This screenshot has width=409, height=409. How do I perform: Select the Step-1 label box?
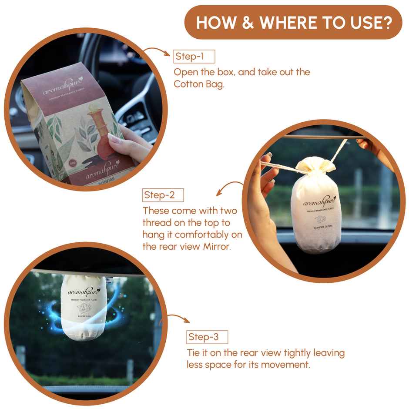coord(194,57)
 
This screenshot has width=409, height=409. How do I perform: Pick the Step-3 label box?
coord(207,337)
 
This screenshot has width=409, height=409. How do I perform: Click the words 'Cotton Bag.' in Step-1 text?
coord(199,84)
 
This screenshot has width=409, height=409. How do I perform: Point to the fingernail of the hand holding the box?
coord(114,139)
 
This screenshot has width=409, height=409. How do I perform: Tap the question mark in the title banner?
coord(385,23)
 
